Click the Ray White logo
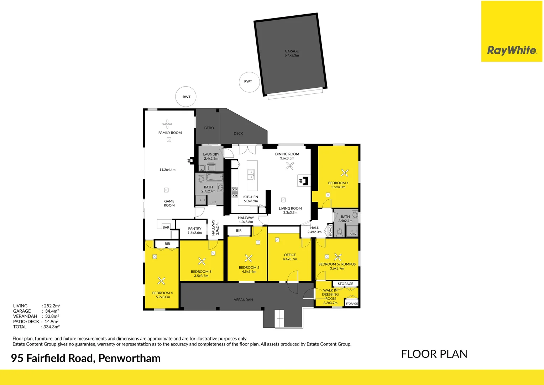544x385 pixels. [512, 50]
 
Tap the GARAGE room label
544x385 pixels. [292, 51]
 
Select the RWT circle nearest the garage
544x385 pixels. [248, 82]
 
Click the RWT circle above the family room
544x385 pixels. [186, 97]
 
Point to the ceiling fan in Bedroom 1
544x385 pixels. [344, 173]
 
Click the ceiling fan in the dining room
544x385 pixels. [290, 166]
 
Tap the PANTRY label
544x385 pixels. [195, 229]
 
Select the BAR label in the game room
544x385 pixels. [166, 227]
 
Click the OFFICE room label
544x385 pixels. [290, 255]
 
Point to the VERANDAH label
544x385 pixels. [243, 300]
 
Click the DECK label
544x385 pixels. [238, 133]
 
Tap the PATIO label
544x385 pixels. [209, 128]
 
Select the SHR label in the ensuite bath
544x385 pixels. [353, 234]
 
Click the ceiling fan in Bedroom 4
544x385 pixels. [161, 281]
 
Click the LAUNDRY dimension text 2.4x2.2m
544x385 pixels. [211, 159]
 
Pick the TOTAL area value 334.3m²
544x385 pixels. [51, 327]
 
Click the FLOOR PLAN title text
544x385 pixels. [434, 354]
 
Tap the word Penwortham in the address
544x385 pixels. [129, 358]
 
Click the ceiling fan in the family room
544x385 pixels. [167, 124]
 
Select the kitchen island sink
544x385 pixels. [251, 175]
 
